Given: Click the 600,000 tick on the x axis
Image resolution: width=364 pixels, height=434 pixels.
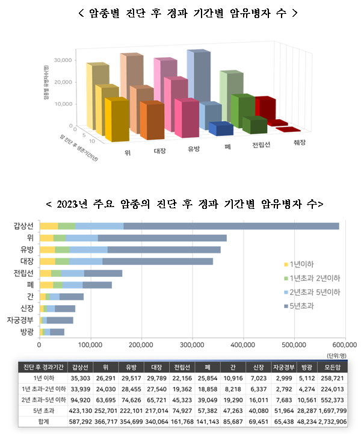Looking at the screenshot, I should point(345,344).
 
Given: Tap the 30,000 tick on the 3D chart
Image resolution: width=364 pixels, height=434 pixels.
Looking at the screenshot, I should point(63,60).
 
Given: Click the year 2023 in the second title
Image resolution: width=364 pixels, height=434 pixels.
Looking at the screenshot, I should point(70,204).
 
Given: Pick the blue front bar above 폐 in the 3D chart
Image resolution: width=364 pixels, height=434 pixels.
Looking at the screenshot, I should point(221,129).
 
